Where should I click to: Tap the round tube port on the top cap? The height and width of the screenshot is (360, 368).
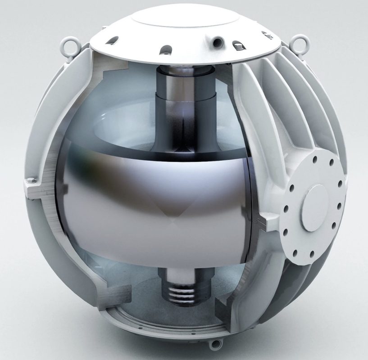click(218, 42)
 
